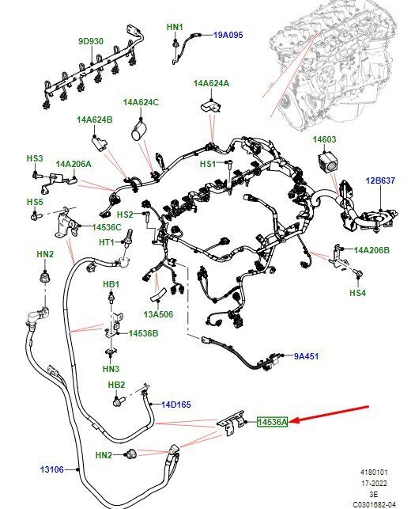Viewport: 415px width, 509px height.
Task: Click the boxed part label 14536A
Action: [x=273, y=422]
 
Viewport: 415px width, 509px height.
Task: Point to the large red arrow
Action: [x=329, y=414]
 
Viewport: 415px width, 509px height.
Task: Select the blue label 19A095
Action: [x=228, y=35]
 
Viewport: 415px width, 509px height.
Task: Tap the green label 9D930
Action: [x=91, y=41]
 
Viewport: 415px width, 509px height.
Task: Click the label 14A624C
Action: [x=141, y=102]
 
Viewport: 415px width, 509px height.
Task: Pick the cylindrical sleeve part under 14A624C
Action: [x=138, y=131]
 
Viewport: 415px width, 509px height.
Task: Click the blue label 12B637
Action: [x=381, y=180]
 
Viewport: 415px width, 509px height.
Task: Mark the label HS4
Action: [x=357, y=293]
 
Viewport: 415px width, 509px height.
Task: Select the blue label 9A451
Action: [x=306, y=356]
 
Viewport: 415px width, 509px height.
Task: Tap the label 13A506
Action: [x=158, y=314]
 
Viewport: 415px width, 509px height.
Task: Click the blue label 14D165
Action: [x=176, y=405]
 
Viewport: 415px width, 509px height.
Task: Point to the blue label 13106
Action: [x=52, y=469]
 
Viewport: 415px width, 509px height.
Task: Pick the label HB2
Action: [x=116, y=385]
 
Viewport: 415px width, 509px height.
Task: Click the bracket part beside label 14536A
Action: [x=231, y=423]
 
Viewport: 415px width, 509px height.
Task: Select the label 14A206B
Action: [x=372, y=250]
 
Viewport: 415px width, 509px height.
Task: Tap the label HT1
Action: [x=107, y=242]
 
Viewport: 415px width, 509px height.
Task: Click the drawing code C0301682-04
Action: [x=375, y=504]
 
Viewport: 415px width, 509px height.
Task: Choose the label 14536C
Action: [x=107, y=227]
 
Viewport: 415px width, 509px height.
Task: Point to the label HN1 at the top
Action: [x=175, y=27]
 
